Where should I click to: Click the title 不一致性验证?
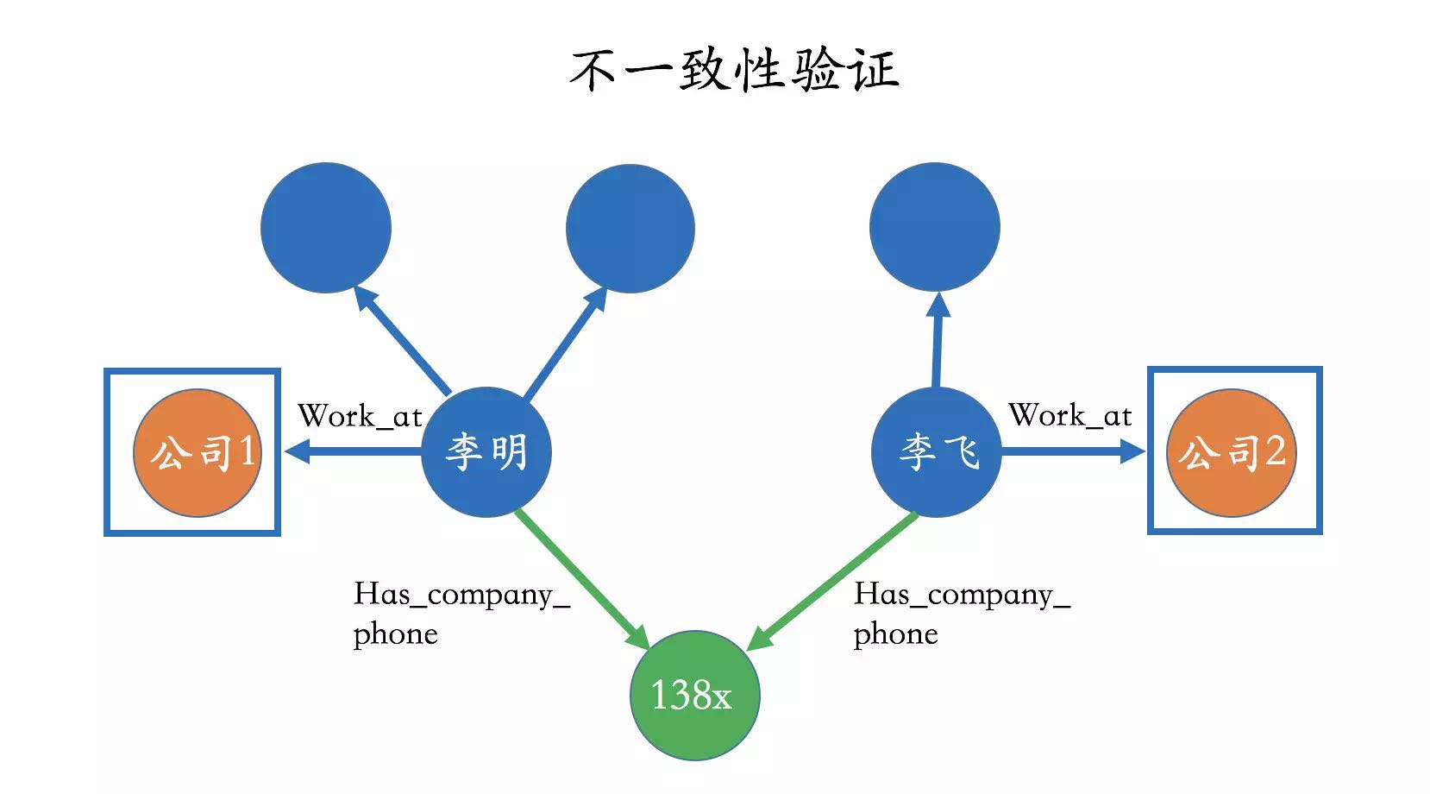tap(734, 70)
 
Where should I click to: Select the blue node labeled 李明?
tap(486, 451)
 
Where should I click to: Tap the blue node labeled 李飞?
tap(936, 451)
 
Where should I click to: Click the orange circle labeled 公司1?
tap(198, 452)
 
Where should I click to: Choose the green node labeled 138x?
tap(695, 695)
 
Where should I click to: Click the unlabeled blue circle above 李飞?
tap(935, 227)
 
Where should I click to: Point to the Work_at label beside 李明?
tap(360, 416)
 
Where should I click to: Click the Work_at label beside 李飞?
tap(1069, 416)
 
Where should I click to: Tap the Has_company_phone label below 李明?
tap(461, 613)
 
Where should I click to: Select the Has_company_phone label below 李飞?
tap(962, 613)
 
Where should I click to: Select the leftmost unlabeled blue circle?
tap(326, 228)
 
